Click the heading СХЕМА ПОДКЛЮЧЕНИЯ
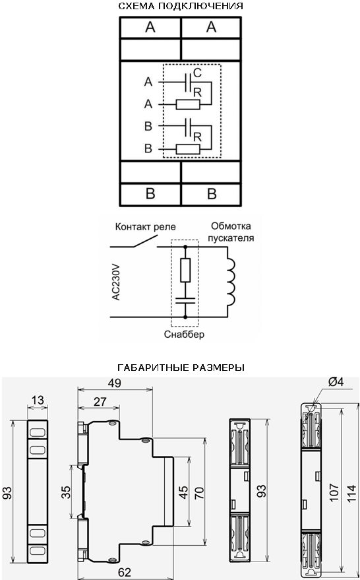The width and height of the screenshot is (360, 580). [x=181, y=7]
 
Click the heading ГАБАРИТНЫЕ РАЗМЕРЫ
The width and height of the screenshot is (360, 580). [x=181, y=368]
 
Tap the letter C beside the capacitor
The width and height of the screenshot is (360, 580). [x=197, y=73]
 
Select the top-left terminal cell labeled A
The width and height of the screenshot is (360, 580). [x=150, y=27]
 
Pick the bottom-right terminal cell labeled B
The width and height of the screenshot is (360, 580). [x=212, y=194]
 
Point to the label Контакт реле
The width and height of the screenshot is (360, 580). [x=146, y=226]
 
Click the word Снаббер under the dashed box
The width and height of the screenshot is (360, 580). [x=184, y=335]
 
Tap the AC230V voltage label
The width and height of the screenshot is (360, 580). [x=117, y=281]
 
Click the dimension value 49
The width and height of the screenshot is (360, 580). [x=115, y=383]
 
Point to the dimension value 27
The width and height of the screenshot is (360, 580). [x=100, y=402]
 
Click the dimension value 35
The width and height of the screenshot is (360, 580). [x=66, y=492]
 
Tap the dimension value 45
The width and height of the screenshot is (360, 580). [x=184, y=492]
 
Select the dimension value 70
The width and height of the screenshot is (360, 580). [x=199, y=492]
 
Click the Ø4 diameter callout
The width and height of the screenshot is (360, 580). [x=336, y=382]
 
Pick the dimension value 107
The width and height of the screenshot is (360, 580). [x=334, y=492]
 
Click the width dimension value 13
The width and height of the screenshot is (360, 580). [x=38, y=400]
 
